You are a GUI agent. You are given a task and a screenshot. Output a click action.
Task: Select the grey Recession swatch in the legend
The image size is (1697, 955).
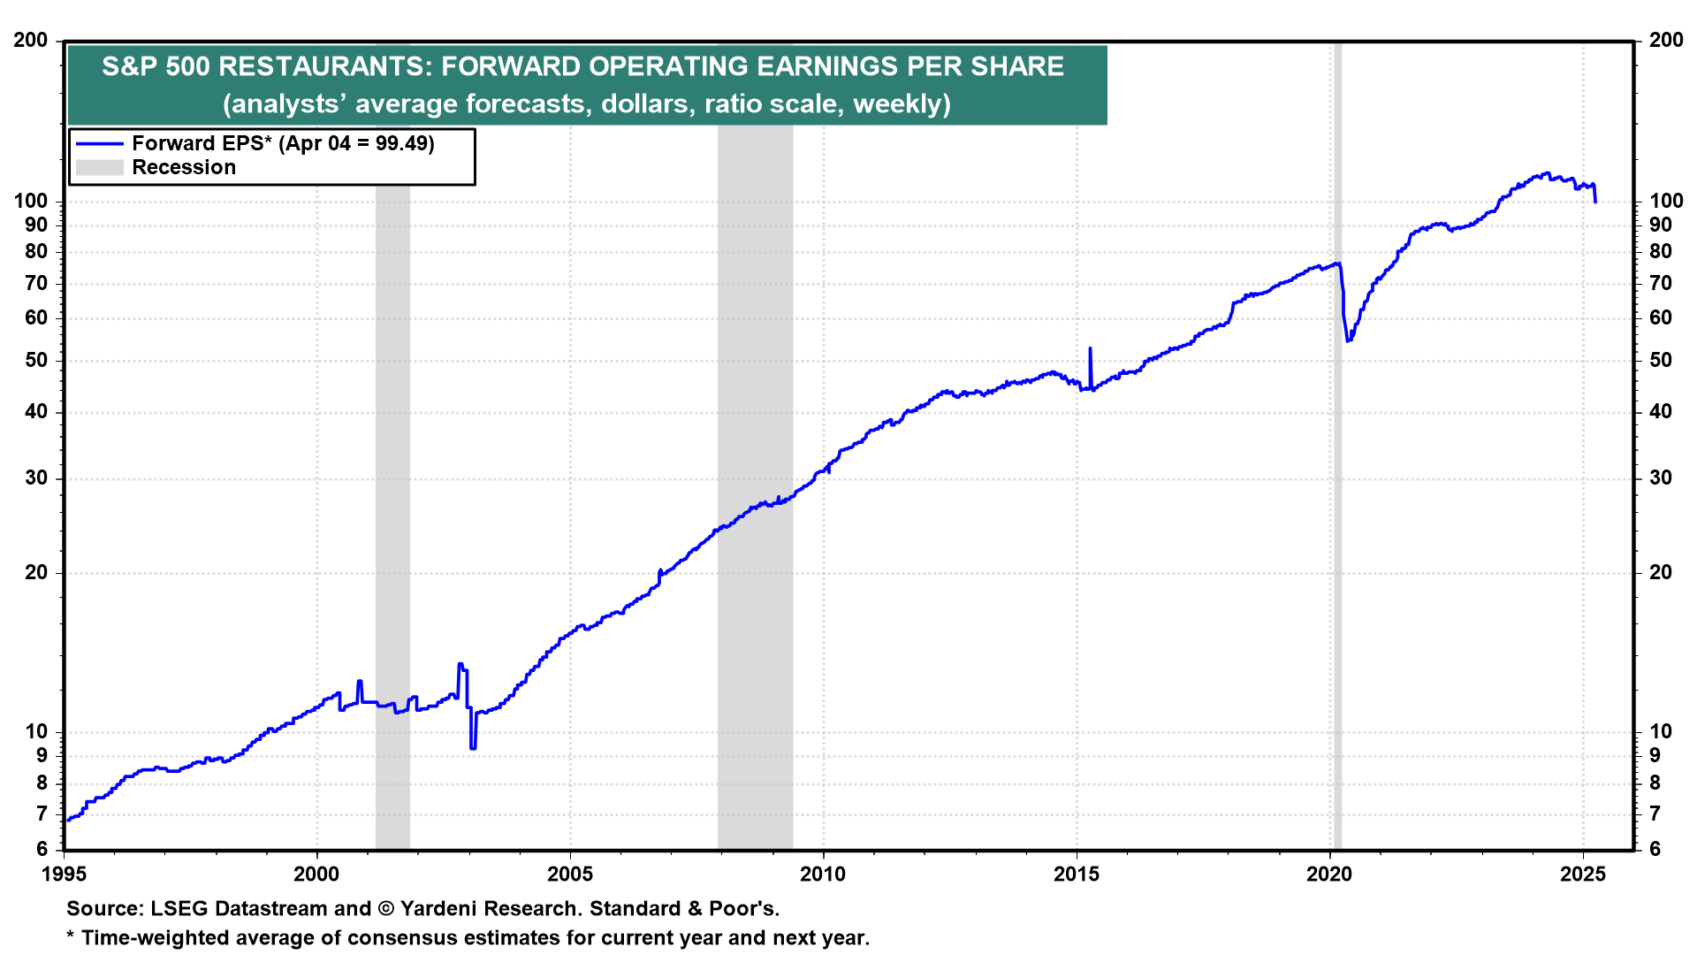[x=99, y=167]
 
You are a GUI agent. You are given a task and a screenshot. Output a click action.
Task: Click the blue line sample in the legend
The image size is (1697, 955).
[x=99, y=143]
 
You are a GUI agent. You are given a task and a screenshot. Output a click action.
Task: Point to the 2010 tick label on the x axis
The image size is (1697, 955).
[x=823, y=875]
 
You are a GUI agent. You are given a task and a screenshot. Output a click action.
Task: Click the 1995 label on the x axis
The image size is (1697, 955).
[x=65, y=875]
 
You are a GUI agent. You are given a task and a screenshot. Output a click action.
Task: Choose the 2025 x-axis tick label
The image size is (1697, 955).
[x=1583, y=875]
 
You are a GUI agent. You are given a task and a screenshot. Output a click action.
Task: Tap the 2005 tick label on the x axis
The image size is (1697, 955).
[x=570, y=875]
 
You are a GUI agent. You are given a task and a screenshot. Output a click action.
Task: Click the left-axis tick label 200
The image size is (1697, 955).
[x=31, y=41]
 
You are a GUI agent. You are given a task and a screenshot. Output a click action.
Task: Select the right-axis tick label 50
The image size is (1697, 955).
[x=1661, y=360]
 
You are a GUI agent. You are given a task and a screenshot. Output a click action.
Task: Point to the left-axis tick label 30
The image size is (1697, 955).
[x=36, y=478]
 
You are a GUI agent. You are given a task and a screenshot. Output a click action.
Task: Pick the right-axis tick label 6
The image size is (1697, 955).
[x=1655, y=849]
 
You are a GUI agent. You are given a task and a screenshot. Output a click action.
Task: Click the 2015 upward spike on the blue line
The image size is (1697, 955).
[x=1090, y=350]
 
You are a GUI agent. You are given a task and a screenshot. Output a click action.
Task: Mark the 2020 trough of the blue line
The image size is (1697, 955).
[x=1348, y=340]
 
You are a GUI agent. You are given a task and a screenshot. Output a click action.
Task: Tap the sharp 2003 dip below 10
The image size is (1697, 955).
[x=473, y=747]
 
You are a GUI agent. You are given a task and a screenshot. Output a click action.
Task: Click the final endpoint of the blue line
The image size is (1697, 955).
[x=1595, y=202]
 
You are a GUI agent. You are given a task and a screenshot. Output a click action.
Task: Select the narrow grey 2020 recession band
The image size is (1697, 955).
[x=1337, y=531]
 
